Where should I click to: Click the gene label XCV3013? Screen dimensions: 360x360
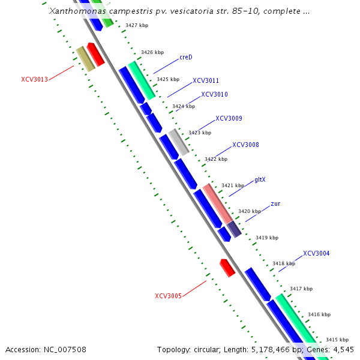coord(34,79)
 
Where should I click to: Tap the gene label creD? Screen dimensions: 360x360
coord(185,58)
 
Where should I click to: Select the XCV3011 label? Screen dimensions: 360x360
coord(206,80)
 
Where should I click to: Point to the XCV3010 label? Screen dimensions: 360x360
coord(214,94)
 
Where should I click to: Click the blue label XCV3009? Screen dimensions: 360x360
coord(229,118)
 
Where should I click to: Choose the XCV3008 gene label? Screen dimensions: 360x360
coord(245,145)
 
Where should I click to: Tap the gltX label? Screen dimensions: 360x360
coord(260,179)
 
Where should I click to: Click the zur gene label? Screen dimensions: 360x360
coord(275,203)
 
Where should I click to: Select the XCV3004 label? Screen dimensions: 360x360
coord(316,253)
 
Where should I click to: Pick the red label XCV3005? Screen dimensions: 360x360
coord(168,296)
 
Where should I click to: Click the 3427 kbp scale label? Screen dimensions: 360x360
coord(137,26)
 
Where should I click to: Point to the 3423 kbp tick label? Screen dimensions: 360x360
coord(200,133)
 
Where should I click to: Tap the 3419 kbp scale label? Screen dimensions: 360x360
coord(267,238)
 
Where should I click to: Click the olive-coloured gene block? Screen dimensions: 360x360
coord(85,59)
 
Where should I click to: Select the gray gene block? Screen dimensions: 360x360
coord(178,142)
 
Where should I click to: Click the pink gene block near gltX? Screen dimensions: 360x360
coord(217,203)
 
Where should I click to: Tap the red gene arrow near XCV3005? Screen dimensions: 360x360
coord(227,268)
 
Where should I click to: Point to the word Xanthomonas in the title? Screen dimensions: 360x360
coord(74,11)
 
